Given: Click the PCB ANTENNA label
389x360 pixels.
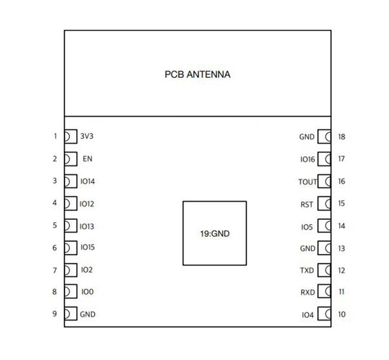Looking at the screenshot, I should (x=197, y=75).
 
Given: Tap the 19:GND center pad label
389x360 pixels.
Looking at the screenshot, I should (x=215, y=234).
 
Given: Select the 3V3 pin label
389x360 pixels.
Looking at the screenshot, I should (x=87, y=136).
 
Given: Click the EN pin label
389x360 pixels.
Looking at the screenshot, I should (x=87, y=159).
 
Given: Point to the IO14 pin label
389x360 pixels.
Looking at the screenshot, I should (x=87, y=181).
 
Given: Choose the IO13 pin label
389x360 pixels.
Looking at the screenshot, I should (x=87, y=226).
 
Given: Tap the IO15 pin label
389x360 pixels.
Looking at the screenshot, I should (x=87, y=247).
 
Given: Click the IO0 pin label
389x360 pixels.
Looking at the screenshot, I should (x=87, y=292).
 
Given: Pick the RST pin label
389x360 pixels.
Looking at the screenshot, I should (x=307, y=204).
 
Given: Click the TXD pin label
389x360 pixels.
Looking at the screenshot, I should (x=307, y=270).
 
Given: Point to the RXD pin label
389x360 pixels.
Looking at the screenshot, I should (x=307, y=292).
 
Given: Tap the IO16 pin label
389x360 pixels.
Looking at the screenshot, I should (x=307, y=159).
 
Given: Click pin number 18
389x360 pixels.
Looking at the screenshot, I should (x=341, y=137).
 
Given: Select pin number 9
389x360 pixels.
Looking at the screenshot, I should (x=54, y=314).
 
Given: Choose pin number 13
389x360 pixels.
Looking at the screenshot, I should (x=341, y=248).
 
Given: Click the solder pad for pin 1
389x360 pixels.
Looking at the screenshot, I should (x=71, y=136).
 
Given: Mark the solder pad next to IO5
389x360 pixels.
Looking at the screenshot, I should (x=324, y=226).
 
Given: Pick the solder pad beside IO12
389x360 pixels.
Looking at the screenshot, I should (x=71, y=203).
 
